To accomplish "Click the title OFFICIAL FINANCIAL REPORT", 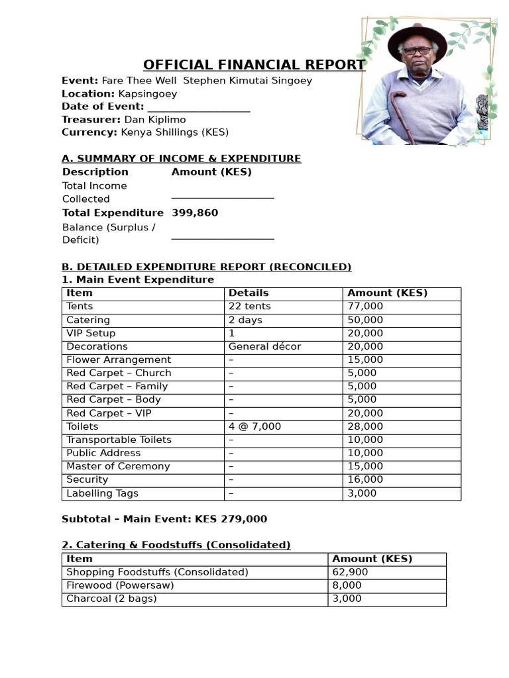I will pyautogui.click(x=254, y=65).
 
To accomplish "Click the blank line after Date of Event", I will pyautogui.click(x=198, y=107).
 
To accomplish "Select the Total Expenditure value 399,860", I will pyautogui.click(x=194, y=213).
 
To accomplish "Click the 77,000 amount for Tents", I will pyautogui.click(x=365, y=306).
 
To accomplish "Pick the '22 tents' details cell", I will pyautogui.click(x=250, y=306).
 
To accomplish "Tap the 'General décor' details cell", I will pyautogui.click(x=264, y=346).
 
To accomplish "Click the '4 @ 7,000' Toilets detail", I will pyautogui.click(x=254, y=426).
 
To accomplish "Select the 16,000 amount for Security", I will pyautogui.click(x=365, y=479).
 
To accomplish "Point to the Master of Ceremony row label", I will pyautogui.click(x=118, y=466).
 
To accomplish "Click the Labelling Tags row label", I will pyautogui.click(x=102, y=493).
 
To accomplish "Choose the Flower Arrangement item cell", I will pyautogui.click(x=119, y=360).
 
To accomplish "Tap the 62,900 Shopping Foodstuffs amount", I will pyautogui.click(x=350, y=572).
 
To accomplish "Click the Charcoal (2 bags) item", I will pyautogui.click(x=111, y=599).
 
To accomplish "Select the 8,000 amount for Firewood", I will pyautogui.click(x=347, y=585).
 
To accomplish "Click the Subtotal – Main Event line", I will pyautogui.click(x=164, y=519).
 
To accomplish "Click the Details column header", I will pyautogui.click(x=249, y=293).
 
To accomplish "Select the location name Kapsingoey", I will pyautogui.click(x=147, y=93).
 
